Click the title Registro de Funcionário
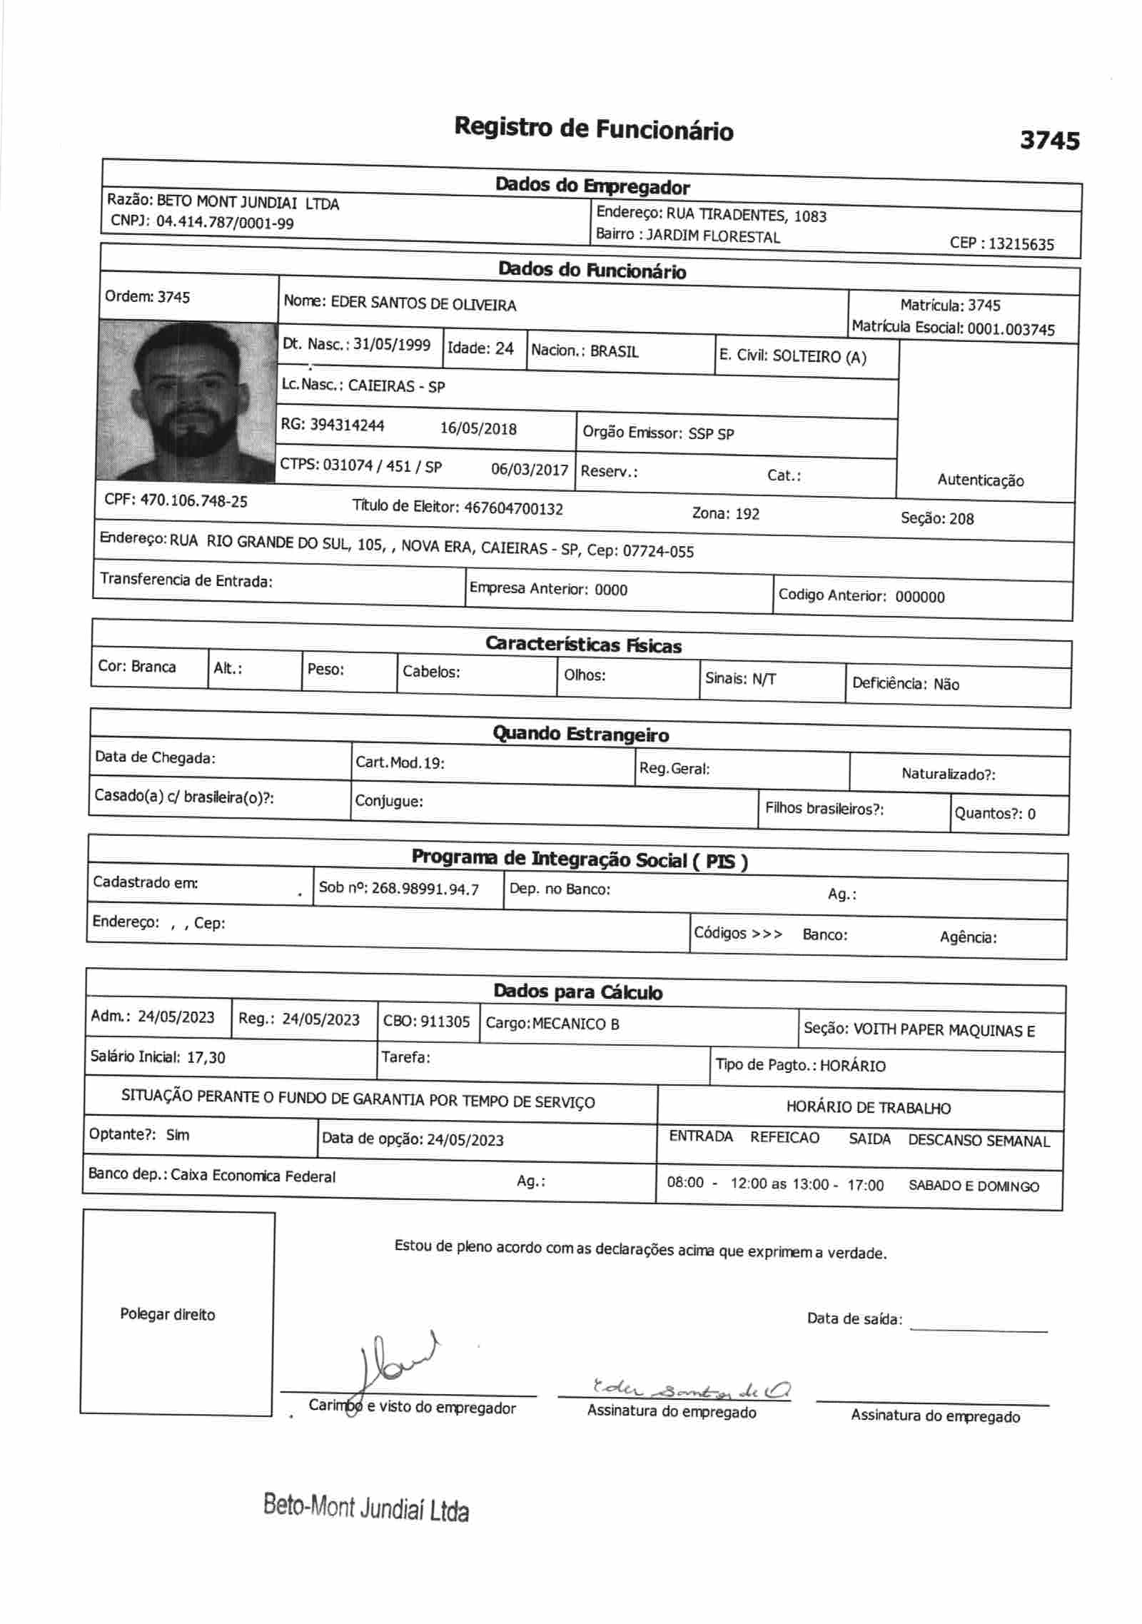[x=593, y=129]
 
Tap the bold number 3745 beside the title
[x=1049, y=140]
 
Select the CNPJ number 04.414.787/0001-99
[x=225, y=223]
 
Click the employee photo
[x=187, y=400]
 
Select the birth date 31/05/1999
[x=392, y=345]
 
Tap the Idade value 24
[x=505, y=348]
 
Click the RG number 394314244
[x=347, y=425]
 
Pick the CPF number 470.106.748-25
[x=193, y=501]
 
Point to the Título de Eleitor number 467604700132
[x=513, y=509]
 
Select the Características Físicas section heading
[x=583, y=645]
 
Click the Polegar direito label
[x=167, y=1315]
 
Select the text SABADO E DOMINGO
[x=974, y=1186]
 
